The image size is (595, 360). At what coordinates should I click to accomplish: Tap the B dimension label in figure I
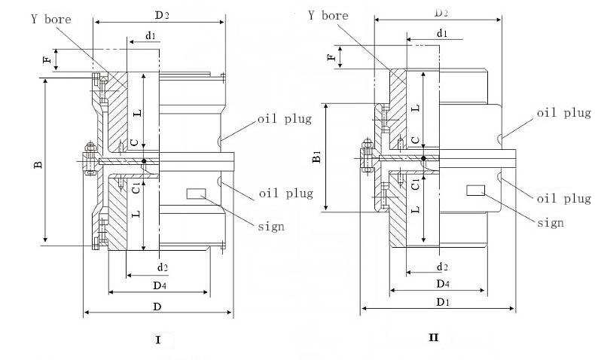(40, 163)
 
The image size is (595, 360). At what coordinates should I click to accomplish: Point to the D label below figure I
(158, 306)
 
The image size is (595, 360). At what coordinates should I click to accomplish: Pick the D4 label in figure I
(159, 285)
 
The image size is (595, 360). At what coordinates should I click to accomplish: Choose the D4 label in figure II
(442, 284)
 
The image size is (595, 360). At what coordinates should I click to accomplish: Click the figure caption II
(433, 337)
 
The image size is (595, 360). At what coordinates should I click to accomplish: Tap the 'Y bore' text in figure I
(50, 20)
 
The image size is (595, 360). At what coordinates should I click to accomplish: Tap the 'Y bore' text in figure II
(328, 15)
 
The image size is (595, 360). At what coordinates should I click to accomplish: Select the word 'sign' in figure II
(551, 222)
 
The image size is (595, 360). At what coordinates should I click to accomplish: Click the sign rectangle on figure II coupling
(475, 190)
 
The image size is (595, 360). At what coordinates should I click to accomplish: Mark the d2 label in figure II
(442, 267)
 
